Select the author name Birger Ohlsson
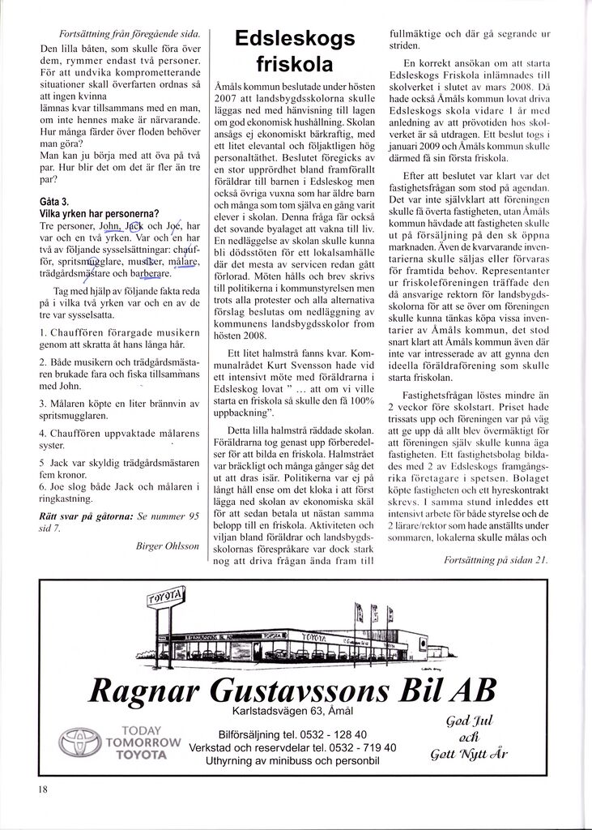click(168, 545)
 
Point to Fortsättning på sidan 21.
click(496, 559)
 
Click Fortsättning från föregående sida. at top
click(130, 34)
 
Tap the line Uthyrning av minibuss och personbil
click(292, 761)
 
